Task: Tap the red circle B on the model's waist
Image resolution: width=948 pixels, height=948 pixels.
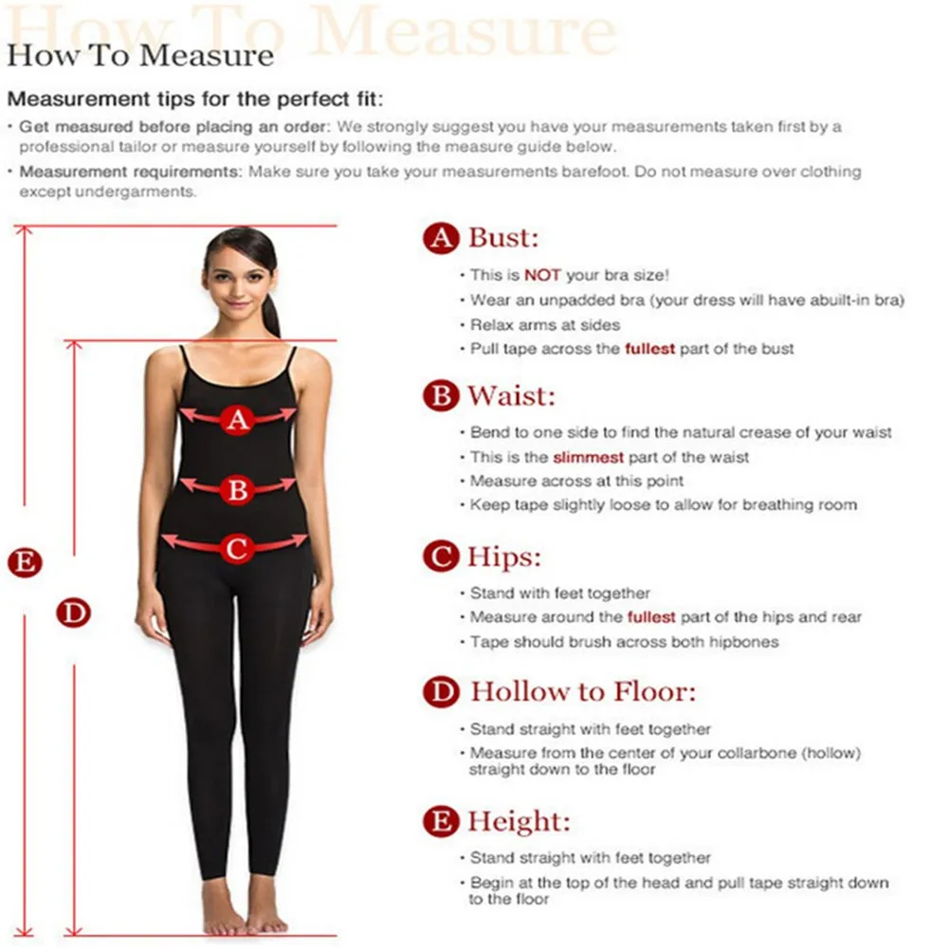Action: [238, 489]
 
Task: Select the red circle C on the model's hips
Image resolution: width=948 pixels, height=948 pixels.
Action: [237, 547]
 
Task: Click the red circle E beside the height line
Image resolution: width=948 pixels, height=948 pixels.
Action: [25, 562]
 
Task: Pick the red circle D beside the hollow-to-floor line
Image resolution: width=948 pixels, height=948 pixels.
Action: [73, 612]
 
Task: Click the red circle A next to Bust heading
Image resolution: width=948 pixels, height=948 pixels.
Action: [440, 238]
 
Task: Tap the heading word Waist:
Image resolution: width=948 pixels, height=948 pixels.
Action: [511, 395]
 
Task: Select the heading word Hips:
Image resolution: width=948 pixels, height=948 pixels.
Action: [503, 556]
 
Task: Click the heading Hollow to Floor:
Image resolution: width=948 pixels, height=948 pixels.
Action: [583, 692]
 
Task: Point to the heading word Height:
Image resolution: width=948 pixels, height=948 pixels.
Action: [519, 821]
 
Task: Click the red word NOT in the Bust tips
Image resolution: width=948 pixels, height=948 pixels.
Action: [543, 275]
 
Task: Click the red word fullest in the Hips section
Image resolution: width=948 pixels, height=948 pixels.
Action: [650, 617]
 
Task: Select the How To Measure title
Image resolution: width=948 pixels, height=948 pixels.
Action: [140, 55]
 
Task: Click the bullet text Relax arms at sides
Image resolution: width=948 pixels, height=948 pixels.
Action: [545, 324]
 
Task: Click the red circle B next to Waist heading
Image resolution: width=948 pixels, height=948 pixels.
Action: [440, 396]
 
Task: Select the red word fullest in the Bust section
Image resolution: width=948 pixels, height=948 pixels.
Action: [649, 349]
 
